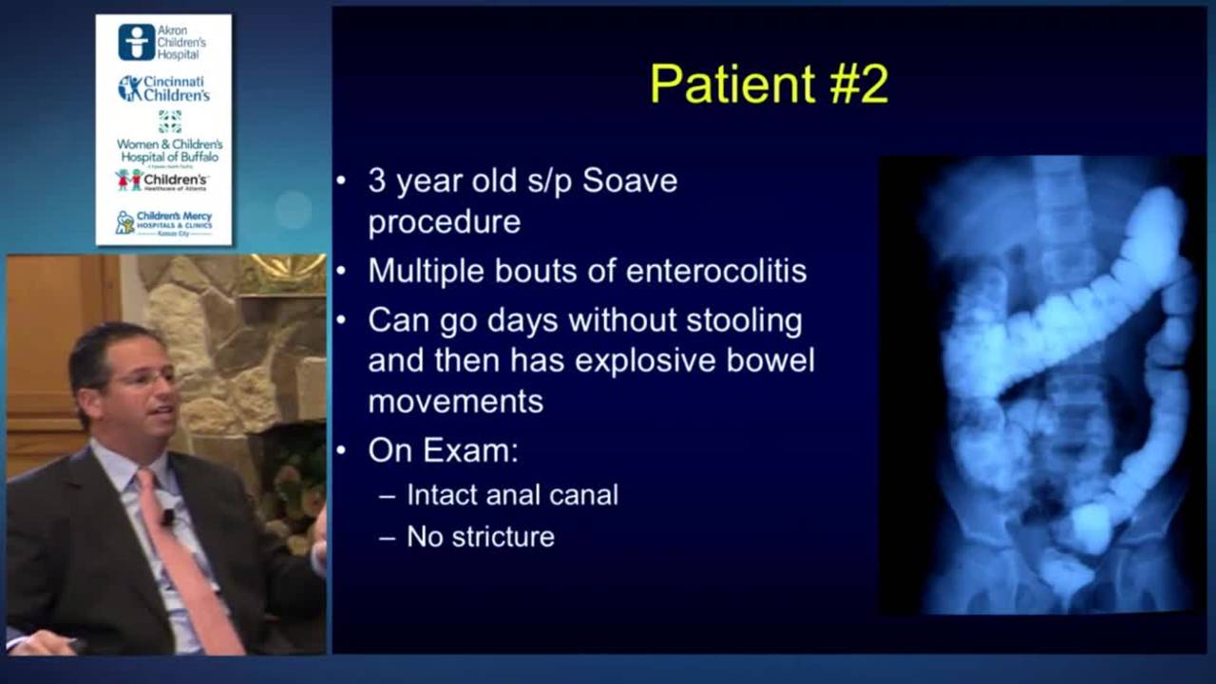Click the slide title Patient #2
(x=769, y=84)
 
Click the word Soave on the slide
(x=629, y=180)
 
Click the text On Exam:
(x=443, y=449)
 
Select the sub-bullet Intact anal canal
(x=512, y=495)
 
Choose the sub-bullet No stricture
(x=480, y=537)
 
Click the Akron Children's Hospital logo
(x=162, y=43)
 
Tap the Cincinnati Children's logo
(x=163, y=88)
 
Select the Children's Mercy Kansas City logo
(x=163, y=223)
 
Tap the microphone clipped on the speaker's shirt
(x=168, y=517)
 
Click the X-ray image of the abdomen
(x=1042, y=384)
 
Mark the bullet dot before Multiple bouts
(x=342, y=272)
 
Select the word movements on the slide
(x=455, y=401)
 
